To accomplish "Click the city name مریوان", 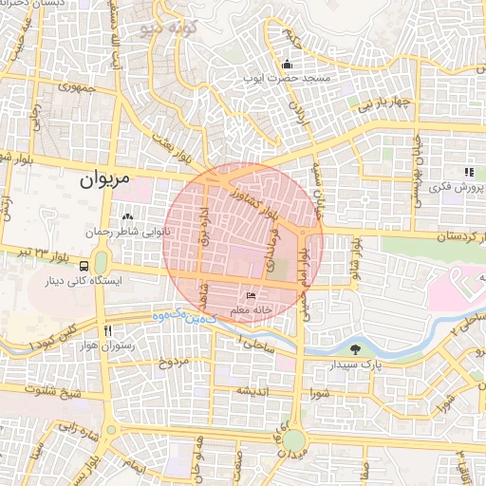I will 104,178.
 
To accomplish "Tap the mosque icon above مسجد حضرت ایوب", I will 287,64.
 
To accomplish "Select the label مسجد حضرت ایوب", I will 287,79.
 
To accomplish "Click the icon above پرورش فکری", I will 468,172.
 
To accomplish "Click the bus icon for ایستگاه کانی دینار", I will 84,266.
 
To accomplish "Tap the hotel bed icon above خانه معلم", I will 250,296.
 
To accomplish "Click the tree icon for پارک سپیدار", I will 355,348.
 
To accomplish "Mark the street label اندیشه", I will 253,391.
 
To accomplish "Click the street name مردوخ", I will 175,363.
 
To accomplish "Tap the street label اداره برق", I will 200,228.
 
